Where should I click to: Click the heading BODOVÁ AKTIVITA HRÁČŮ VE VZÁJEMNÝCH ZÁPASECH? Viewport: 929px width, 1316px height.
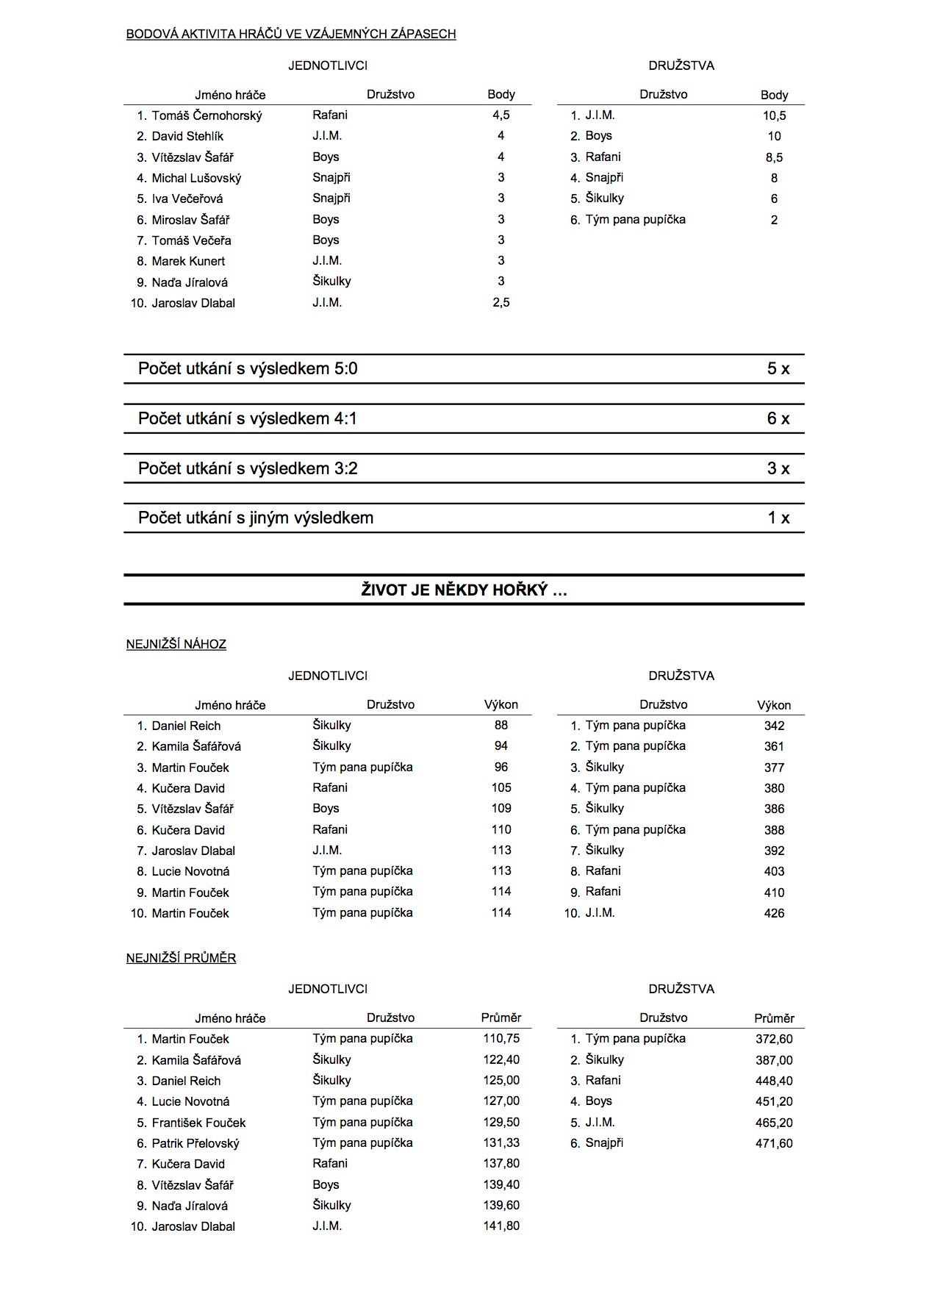(x=291, y=34)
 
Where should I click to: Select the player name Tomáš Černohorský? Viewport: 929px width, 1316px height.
(x=207, y=115)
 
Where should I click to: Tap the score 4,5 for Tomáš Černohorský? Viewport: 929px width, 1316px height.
(x=501, y=115)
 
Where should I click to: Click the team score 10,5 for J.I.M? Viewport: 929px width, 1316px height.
(x=774, y=115)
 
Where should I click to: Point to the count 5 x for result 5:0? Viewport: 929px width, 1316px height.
(x=778, y=369)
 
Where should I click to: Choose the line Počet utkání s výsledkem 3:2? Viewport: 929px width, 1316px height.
(x=248, y=469)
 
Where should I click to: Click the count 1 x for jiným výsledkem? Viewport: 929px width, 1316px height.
(x=778, y=518)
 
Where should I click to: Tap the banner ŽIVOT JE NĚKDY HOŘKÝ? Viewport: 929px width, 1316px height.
(x=464, y=590)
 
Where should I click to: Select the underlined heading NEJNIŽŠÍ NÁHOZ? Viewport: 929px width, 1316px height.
(x=176, y=645)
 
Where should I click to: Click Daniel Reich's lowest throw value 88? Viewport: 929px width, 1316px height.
(x=501, y=726)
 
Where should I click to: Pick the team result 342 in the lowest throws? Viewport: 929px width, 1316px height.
(x=774, y=726)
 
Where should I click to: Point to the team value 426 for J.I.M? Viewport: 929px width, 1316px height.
(x=774, y=914)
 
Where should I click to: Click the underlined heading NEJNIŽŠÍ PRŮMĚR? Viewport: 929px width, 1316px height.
(x=181, y=959)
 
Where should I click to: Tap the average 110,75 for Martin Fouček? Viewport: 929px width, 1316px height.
(x=501, y=1039)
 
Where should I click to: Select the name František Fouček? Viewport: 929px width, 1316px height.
(x=198, y=1123)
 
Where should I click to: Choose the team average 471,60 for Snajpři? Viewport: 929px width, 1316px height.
(x=774, y=1144)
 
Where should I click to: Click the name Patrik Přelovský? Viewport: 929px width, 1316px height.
(x=196, y=1144)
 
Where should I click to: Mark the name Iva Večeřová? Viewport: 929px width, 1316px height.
(x=187, y=199)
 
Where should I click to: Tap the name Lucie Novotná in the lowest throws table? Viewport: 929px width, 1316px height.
(x=190, y=872)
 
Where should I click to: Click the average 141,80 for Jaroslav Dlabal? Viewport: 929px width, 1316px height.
(x=501, y=1226)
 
